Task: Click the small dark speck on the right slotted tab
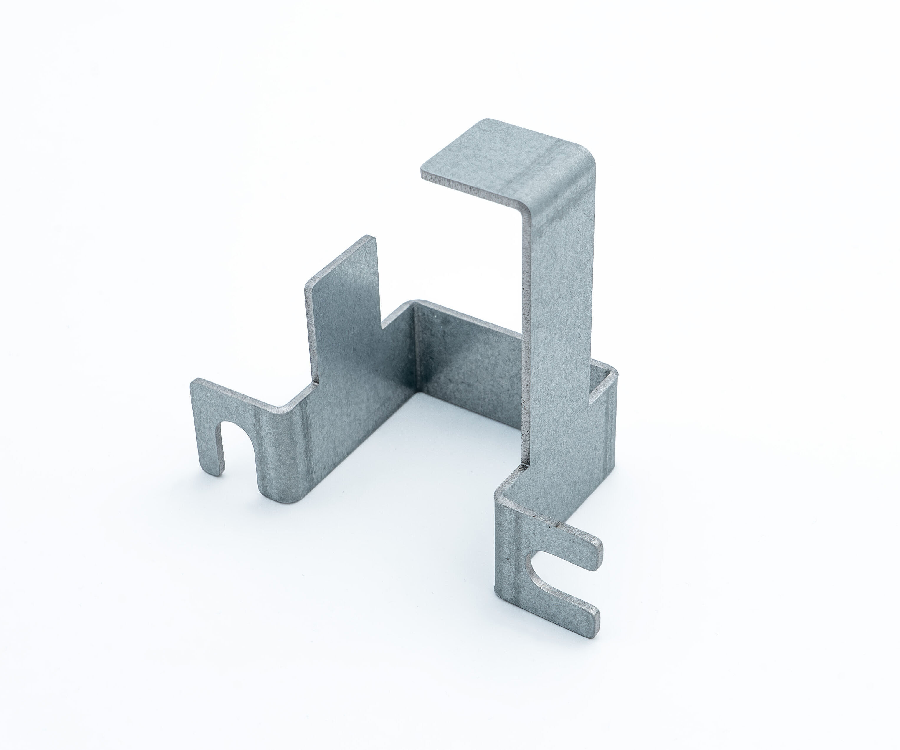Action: pos(508,559)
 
